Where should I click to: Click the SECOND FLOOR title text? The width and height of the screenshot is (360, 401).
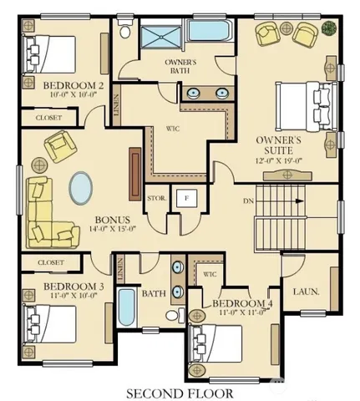pyautogui.click(x=180, y=391)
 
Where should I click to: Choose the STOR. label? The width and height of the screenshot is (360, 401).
pyautogui.click(x=156, y=199)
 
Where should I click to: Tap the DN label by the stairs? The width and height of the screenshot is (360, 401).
pyautogui.click(x=248, y=201)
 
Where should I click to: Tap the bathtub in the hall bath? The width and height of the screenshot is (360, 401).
pyautogui.click(x=127, y=309)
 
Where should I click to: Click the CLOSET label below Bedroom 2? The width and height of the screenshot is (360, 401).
pyautogui.click(x=48, y=118)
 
